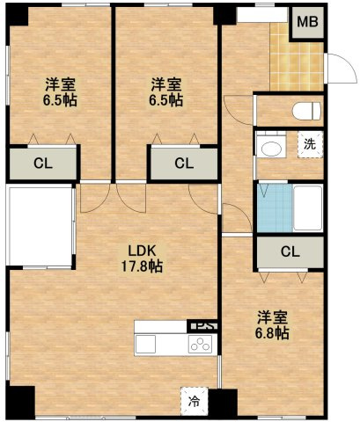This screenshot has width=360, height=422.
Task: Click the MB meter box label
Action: tap(307, 22)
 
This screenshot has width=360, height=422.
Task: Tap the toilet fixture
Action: tap(306, 111)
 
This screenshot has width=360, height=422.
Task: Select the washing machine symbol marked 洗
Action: tap(310, 145)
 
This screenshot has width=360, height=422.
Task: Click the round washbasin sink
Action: tap(271, 149)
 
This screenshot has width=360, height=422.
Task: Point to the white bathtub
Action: tap(308, 207)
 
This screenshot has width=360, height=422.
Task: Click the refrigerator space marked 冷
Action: tap(194, 401)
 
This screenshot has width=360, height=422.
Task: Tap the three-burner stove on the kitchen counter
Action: tap(201, 345)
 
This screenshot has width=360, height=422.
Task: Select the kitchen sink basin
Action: tap(145, 345)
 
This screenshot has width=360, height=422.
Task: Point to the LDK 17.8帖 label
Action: tap(142, 258)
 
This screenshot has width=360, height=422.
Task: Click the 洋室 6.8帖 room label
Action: tap(272, 325)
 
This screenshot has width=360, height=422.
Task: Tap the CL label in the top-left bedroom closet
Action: tap(43, 164)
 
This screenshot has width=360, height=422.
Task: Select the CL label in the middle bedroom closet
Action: tap(184, 164)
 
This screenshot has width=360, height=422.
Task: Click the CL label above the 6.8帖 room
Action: tap(290, 251)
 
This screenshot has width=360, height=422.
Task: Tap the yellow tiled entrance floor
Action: tap(297, 63)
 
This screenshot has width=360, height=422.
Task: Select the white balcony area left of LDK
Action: tap(40, 226)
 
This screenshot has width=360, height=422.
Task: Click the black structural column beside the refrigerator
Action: tap(223, 402)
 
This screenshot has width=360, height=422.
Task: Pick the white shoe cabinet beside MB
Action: tap(261, 15)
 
